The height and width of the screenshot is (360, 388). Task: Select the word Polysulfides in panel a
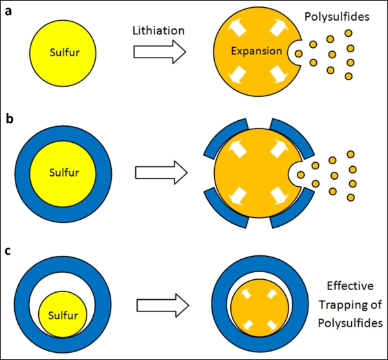click(337, 15)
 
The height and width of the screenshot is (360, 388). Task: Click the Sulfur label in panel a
click(64, 51)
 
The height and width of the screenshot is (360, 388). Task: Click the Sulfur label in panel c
click(64, 315)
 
